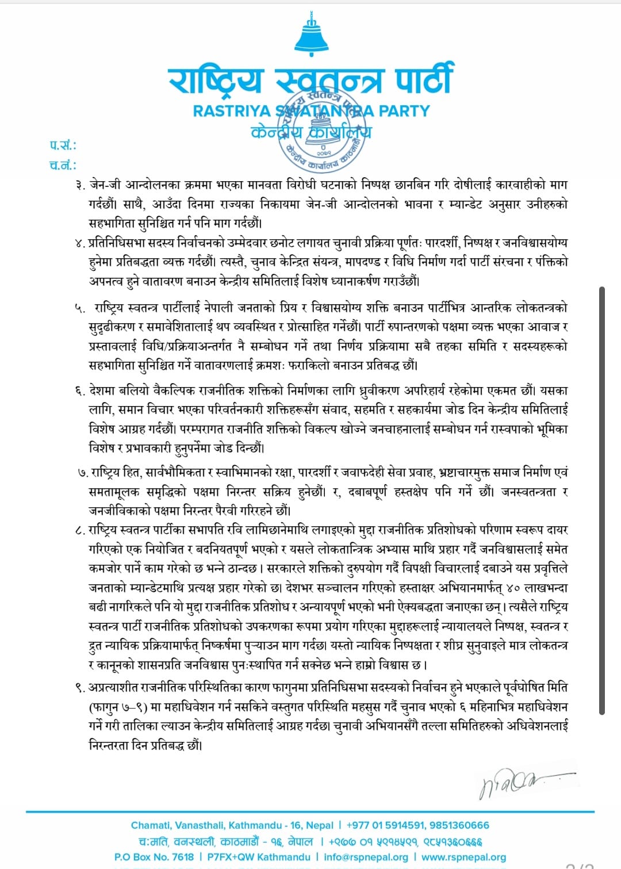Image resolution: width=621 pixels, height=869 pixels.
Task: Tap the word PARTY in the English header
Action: pyautogui.click(x=404, y=111)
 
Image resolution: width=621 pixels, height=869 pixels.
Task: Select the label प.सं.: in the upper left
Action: pyautogui.click(x=63, y=145)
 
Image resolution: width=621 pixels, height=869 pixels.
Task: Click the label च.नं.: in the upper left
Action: pyautogui.click(x=63, y=165)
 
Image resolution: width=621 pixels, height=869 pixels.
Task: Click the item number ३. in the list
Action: pyautogui.click(x=80, y=185)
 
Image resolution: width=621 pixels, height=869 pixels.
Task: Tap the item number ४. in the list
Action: pyautogui.click(x=80, y=243)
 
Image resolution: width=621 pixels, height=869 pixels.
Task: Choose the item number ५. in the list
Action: pyautogui.click(x=80, y=309)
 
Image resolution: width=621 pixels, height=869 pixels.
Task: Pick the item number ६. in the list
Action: pyautogui.click(x=80, y=391)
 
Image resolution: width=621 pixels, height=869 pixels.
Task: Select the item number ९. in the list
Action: pyautogui.click(x=80, y=688)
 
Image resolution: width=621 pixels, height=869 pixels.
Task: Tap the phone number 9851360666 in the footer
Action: pyautogui.click(x=458, y=825)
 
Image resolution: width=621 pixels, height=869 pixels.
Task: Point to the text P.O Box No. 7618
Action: pyautogui.click(x=154, y=857)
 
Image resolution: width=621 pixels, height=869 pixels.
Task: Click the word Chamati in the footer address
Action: pyautogui.click(x=151, y=825)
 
